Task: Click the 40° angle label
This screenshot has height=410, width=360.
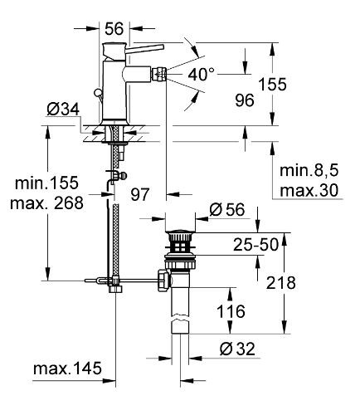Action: (x=204, y=74)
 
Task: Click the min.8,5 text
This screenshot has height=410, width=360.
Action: (x=309, y=171)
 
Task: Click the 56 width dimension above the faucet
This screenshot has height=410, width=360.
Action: (x=115, y=28)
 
